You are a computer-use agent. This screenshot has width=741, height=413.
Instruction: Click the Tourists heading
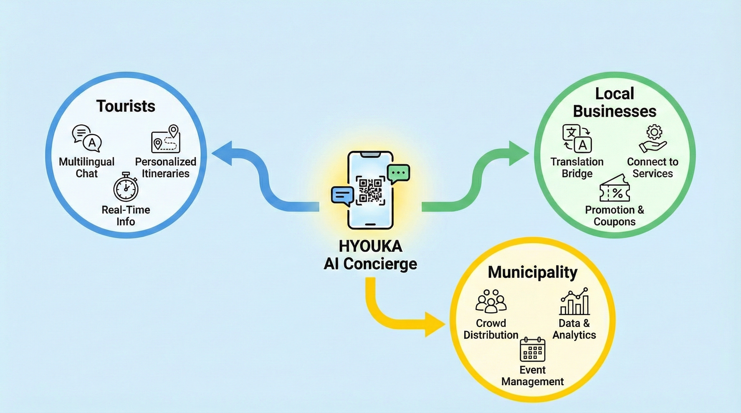coord(126,106)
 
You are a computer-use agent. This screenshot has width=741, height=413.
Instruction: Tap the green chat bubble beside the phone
coord(399,173)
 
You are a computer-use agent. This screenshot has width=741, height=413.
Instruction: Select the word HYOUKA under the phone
coord(370,246)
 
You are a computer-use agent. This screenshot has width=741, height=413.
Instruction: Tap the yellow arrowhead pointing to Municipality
coord(434,325)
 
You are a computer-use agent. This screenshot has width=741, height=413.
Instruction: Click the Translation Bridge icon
coord(577,138)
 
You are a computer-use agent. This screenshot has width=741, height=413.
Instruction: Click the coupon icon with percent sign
coord(615,190)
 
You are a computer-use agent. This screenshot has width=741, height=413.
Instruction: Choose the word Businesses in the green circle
coord(615,111)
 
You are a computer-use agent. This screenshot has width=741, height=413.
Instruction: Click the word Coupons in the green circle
coord(615,222)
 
